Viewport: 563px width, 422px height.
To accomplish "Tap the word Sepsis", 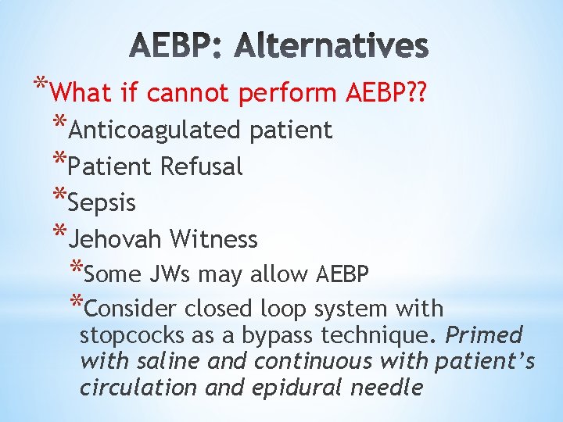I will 102,202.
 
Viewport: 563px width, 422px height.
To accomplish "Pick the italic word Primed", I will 483,335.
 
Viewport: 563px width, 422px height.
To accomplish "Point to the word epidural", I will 296,388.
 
